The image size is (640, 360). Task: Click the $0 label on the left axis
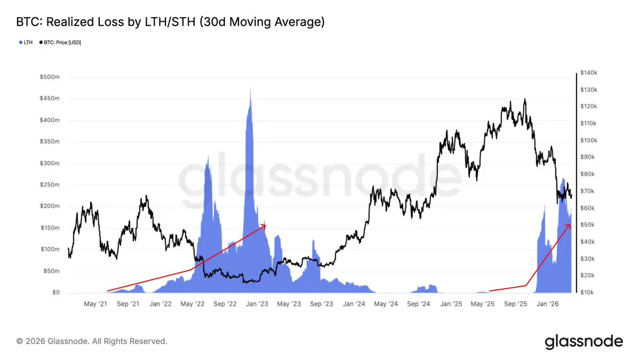[x=55, y=293]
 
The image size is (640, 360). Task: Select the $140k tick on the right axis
[x=590, y=73]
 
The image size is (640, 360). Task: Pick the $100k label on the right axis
[x=590, y=140]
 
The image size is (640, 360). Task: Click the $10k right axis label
[x=589, y=293]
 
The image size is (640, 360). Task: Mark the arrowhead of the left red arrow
[x=265, y=225]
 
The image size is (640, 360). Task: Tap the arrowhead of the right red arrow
[x=569, y=225]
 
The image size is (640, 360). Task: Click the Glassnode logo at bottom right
[x=583, y=341]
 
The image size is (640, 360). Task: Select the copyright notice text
[x=92, y=341]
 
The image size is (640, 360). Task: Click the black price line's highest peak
[x=525, y=99]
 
